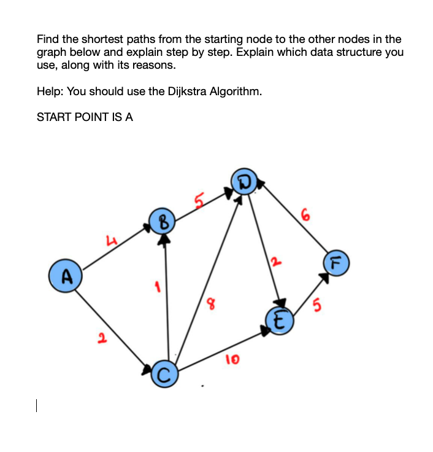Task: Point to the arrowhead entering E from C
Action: click(x=266, y=330)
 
